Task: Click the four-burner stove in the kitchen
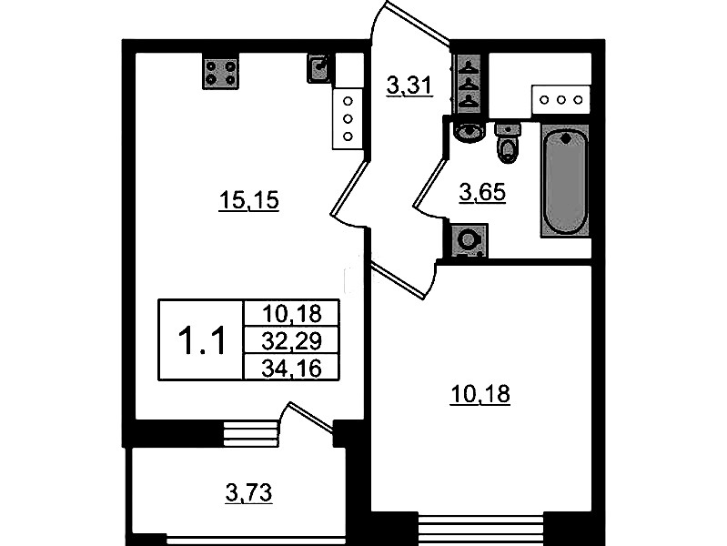point(220,74)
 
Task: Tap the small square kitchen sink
point(318,68)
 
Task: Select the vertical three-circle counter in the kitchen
point(348,119)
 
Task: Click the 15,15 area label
point(249,201)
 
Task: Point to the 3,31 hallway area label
point(409,86)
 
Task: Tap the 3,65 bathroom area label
point(482,193)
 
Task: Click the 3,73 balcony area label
point(249,493)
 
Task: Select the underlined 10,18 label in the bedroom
point(480,395)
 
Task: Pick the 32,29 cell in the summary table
point(292,341)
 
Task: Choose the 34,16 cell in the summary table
point(292,369)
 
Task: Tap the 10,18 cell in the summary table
point(292,314)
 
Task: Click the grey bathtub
point(566,181)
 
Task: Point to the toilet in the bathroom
point(508,143)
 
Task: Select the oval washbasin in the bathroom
point(469,131)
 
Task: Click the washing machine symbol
point(469,240)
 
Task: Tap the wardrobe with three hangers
point(470,85)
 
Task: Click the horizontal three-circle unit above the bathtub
point(561,100)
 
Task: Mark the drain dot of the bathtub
point(566,138)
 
